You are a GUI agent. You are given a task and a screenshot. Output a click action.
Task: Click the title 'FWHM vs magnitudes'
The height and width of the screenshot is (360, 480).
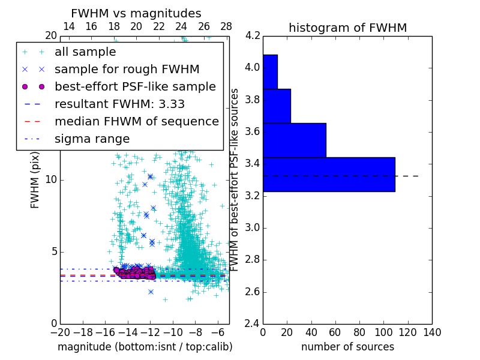tap(136, 13)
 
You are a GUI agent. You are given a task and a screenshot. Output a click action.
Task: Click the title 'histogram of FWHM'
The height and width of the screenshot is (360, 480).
tap(347, 28)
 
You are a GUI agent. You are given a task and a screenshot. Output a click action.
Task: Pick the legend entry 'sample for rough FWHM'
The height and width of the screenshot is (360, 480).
tap(127, 69)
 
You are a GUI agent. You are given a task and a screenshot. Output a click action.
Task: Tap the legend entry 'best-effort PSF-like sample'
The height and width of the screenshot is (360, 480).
tap(135, 86)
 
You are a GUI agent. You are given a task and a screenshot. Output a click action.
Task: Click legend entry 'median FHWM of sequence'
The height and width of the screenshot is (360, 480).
tap(136, 121)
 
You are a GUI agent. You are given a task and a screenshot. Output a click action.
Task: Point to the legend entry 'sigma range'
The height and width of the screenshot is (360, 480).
tap(92, 139)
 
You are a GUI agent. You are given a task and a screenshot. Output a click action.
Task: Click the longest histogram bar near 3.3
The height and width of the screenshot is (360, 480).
tap(329, 175)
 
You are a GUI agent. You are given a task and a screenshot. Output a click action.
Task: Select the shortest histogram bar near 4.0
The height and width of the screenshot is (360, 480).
tap(270, 72)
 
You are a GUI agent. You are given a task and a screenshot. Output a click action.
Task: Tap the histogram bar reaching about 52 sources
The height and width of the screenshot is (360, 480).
tap(294, 140)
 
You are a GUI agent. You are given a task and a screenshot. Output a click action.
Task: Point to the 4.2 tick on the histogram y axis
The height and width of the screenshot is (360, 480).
tap(253, 35)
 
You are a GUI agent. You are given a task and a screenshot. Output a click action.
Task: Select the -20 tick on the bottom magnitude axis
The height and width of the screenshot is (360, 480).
tap(60, 331)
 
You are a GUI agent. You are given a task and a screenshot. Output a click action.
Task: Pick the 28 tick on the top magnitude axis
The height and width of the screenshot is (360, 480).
tap(226, 27)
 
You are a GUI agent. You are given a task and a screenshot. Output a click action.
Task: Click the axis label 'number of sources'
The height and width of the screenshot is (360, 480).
tap(347, 347)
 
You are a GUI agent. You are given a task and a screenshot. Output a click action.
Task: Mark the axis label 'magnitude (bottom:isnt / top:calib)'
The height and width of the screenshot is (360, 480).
tap(145, 347)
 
